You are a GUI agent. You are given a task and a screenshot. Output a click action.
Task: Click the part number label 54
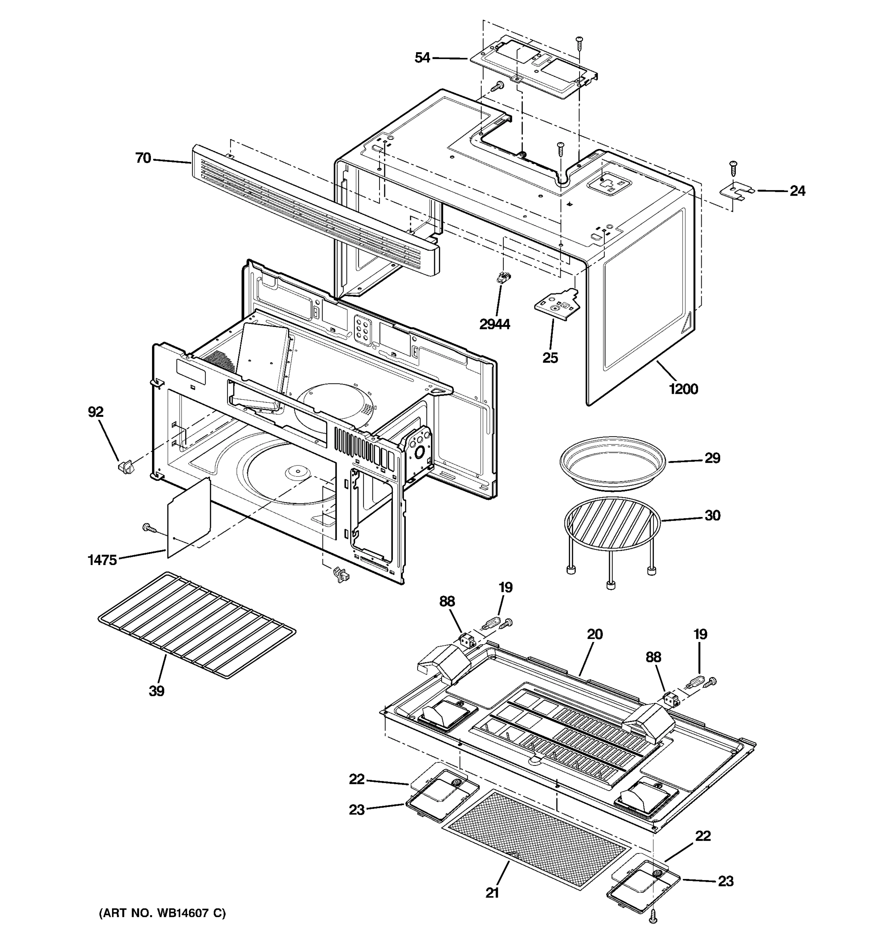click(x=422, y=58)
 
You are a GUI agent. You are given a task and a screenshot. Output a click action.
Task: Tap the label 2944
click(x=495, y=325)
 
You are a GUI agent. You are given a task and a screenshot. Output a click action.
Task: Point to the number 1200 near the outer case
click(x=683, y=389)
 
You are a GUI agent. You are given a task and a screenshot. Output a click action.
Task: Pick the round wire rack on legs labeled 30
click(x=612, y=522)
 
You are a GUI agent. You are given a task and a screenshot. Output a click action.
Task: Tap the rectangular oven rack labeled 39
click(x=197, y=624)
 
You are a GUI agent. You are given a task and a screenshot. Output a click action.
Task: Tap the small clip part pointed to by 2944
click(x=502, y=277)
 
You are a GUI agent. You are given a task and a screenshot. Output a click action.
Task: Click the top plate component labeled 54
click(x=534, y=66)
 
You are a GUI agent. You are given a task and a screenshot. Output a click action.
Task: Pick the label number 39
click(x=156, y=691)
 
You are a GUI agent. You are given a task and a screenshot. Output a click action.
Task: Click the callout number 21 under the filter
click(x=492, y=893)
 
